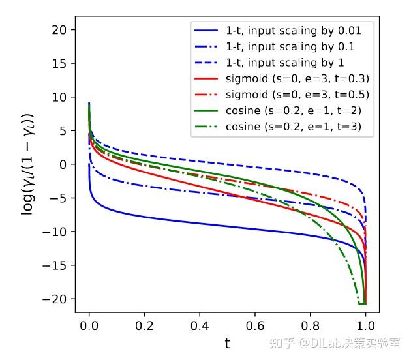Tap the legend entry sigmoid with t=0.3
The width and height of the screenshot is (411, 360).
coord(298,78)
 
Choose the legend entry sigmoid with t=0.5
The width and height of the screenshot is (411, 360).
coord(298,95)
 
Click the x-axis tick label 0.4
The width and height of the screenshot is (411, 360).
coord(200,325)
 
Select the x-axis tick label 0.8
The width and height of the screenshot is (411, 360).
coord(311,325)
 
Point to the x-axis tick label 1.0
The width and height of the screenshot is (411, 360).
coord(366,325)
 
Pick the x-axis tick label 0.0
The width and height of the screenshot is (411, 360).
coord(89,325)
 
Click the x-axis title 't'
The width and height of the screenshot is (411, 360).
coord(227,343)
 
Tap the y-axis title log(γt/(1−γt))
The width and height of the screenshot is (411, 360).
coord(29,164)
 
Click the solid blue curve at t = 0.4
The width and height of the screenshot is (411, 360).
coord(200,224)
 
